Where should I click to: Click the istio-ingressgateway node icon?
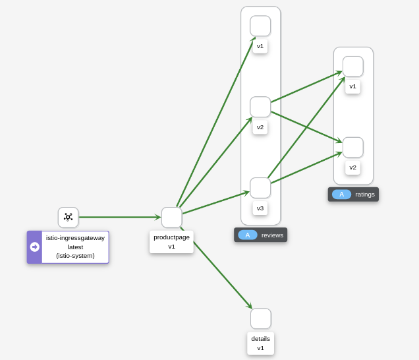pos(68,217)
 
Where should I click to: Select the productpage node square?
pos(171,218)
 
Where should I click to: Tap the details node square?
pos(260,318)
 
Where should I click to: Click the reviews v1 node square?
pos(260,26)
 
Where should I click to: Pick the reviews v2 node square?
pos(260,107)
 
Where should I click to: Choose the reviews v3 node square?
pos(260,188)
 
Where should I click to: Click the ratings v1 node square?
pos(352,67)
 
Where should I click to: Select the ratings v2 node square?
pos(352,148)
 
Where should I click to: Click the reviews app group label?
pos(272,235)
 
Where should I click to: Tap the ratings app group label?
pos(364,194)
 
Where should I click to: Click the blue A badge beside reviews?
pos(248,235)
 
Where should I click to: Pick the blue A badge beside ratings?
pos(341,194)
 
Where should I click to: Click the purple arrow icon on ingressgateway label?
pos(34,247)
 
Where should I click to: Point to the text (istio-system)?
pos(75,256)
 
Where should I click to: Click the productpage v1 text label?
pos(171,241)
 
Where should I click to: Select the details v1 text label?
pos(260,343)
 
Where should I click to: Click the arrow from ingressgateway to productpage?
pos(119,217)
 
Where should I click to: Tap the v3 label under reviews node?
pos(260,208)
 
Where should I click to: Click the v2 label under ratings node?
pos(352,167)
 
